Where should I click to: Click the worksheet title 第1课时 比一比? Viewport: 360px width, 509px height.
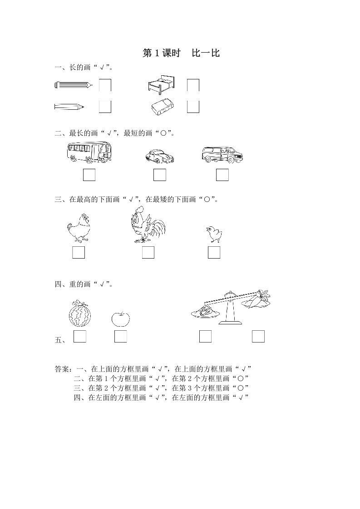(x=181, y=53)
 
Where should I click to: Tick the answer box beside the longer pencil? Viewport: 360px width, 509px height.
(x=105, y=85)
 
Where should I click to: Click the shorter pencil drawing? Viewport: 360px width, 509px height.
(x=69, y=107)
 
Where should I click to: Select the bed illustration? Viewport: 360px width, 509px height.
(x=161, y=84)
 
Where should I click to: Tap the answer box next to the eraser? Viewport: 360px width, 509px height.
(x=193, y=107)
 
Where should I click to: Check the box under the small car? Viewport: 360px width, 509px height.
(x=159, y=175)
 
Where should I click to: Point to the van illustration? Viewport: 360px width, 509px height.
(x=222, y=155)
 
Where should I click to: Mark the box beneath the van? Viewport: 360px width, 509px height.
(x=222, y=175)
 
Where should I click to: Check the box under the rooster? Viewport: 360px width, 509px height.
(x=148, y=252)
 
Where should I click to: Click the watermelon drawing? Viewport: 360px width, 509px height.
(x=79, y=313)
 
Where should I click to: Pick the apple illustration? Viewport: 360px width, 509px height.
(x=120, y=318)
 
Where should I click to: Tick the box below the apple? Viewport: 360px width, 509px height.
(x=120, y=336)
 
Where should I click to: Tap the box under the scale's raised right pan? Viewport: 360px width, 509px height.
(x=258, y=336)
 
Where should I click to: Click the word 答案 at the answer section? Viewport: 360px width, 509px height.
(x=62, y=369)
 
